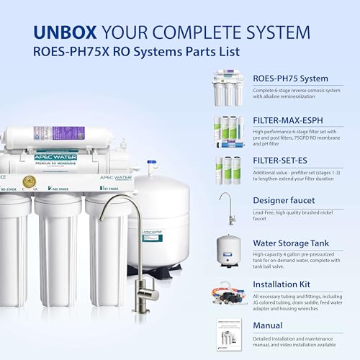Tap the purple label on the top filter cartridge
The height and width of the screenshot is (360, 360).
pos(68,133)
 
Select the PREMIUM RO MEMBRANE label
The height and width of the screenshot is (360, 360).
pos(55,162)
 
